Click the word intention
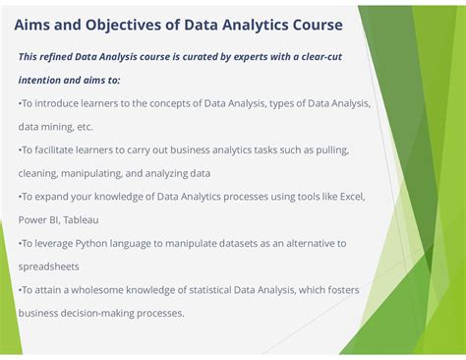[x=42, y=80]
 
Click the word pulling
[x=330, y=150]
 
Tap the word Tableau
[x=84, y=220]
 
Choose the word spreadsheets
[x=51, y=267]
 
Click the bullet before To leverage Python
[x=20, y=243]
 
